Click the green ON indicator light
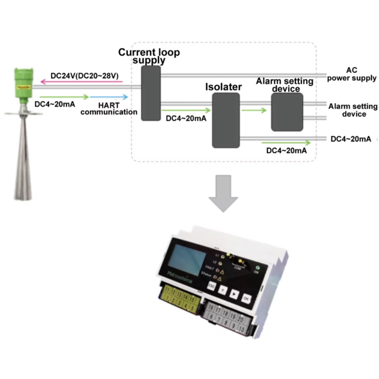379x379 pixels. click(x=256, y=268)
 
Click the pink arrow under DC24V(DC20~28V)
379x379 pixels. click(x=81, y=81)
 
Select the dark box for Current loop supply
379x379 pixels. click(x=151, y=93)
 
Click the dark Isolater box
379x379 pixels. click(x=226, y=120)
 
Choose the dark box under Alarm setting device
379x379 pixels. click(x=287, y=112)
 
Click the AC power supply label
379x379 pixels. click(x=351, y=74)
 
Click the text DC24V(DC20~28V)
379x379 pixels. click(x=84, y=76)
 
